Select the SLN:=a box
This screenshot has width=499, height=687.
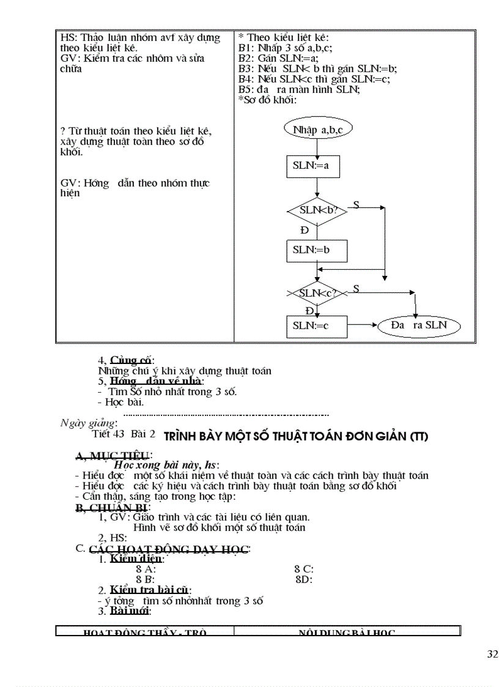(312, 166)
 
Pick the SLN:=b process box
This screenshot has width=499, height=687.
(317, 250)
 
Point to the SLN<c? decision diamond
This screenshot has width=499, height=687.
(317, 293)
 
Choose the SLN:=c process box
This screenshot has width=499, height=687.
(317, 325)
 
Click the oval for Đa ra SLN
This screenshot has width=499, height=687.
(419, 325)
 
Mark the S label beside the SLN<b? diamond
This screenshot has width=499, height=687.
(356, 204)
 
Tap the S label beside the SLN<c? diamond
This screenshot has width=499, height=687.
(356, 288)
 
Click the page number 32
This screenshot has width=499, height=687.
(492, 655)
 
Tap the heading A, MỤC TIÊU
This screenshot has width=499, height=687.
(113, 455)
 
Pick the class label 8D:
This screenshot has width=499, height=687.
(304, 579)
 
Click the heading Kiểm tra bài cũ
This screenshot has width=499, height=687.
(150, 590)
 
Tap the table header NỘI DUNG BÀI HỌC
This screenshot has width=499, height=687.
(347, 633)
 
